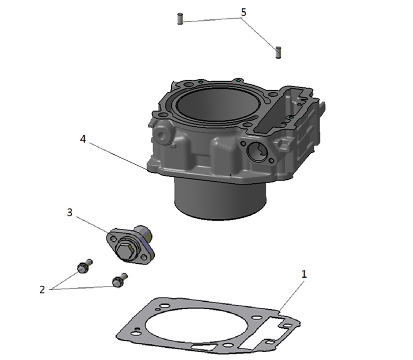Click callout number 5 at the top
click(244, 12)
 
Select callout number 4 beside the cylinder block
click(83, 139)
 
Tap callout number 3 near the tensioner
click(70, 212)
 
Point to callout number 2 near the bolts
click(42, 290)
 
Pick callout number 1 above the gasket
click(304, 275)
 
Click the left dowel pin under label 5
click(180, 19)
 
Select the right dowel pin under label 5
click(278, 52)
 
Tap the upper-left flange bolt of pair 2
click(85, 265)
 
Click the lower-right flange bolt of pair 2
click(120, 280)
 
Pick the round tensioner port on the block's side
click(257, 151)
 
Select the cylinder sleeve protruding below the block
click(220, 199)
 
